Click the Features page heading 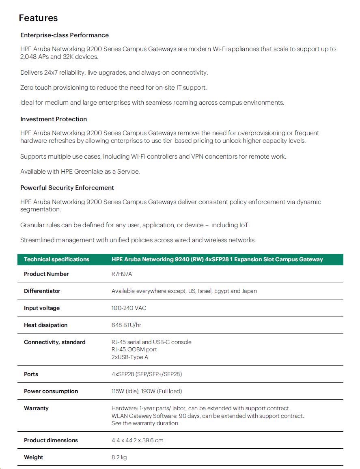coord(38,18)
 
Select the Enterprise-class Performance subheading coord(65,35)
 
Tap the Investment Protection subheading coord(54,119)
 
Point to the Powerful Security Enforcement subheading coord(67,188)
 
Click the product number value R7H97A coord(122,274)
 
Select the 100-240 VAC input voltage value coord(129,308)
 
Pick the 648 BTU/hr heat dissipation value coord(126,325)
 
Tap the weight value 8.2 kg coord(119,457)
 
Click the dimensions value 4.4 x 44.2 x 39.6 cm coord(137,440)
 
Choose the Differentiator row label coord(42,291)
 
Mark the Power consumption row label coord(51,391)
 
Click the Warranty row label coord(36,408)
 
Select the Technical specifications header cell coord(56,259)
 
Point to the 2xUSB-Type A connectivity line coord(130,357)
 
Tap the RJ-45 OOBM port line coord(134,349)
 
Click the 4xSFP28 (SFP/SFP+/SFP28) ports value coord(147,374)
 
